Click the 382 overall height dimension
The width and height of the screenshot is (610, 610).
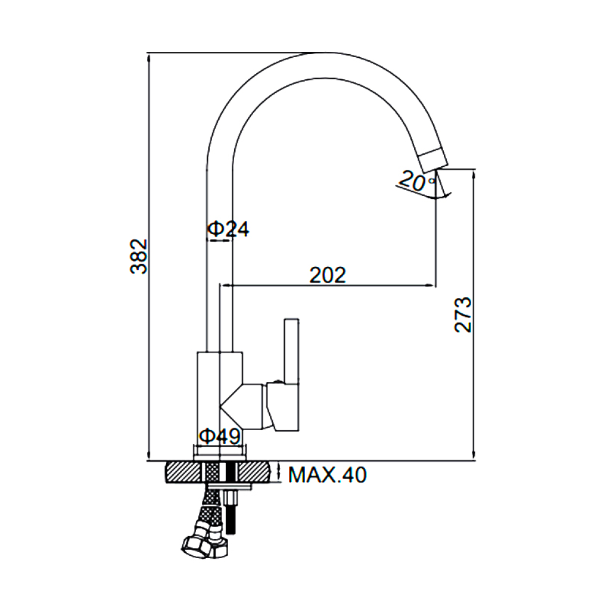(139, 257)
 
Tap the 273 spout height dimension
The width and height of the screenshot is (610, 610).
(463, 315)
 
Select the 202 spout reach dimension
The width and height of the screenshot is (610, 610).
(328, 275)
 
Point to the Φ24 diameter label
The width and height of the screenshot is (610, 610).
(228, 229)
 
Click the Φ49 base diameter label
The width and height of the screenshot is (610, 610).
(220, 437)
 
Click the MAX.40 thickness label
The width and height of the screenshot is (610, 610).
(327, 475)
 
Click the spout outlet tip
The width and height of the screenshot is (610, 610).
(432, 160)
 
